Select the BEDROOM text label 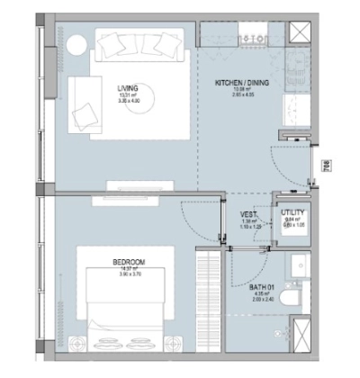point(129,262)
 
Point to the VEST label point(248,214)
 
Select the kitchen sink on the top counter point(256,38)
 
